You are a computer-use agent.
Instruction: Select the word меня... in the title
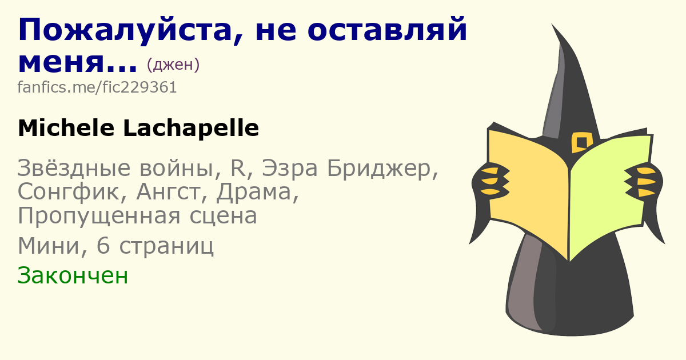pos(78,63)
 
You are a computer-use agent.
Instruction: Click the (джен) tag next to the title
pos(173,64)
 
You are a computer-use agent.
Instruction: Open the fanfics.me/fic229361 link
pos(97,87)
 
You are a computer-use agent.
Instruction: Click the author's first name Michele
pos(66,128)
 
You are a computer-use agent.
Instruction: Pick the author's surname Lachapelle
pos(191,128)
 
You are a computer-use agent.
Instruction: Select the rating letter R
pos(238,168)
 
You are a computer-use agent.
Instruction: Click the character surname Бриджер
pos(380,169)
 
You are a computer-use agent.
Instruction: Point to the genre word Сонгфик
pos(68,192)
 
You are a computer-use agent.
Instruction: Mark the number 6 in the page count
pos(103,246)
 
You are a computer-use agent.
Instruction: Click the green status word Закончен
pos(73,275)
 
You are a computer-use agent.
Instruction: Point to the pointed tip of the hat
pos(552,25)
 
